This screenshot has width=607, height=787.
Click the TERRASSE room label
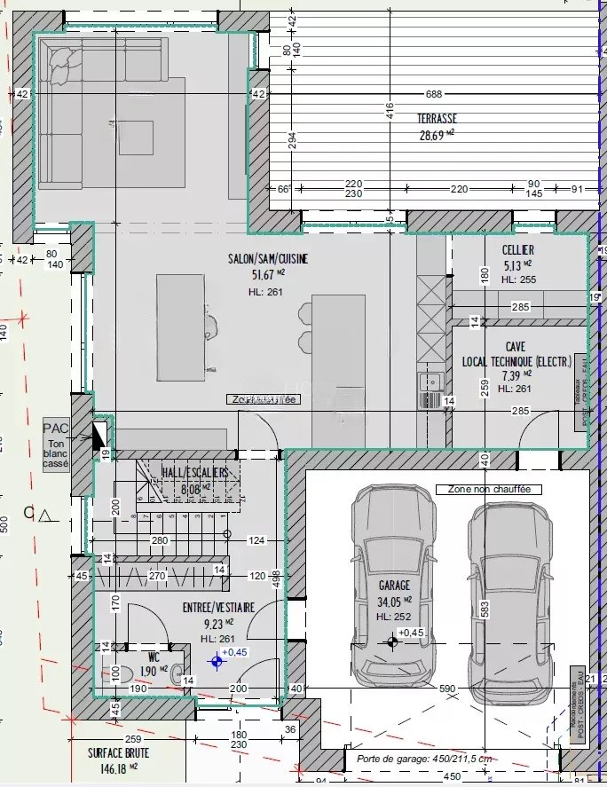click(x=437, y=118)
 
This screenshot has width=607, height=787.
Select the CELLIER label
click(x=517, y=251)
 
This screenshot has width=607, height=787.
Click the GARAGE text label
click(x=395, y=586)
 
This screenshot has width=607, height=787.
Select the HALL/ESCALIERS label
click(x=194, y=474)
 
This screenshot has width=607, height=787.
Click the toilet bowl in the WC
click(x=114, y=672)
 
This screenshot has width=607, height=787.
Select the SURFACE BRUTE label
click(x=118, y=753)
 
